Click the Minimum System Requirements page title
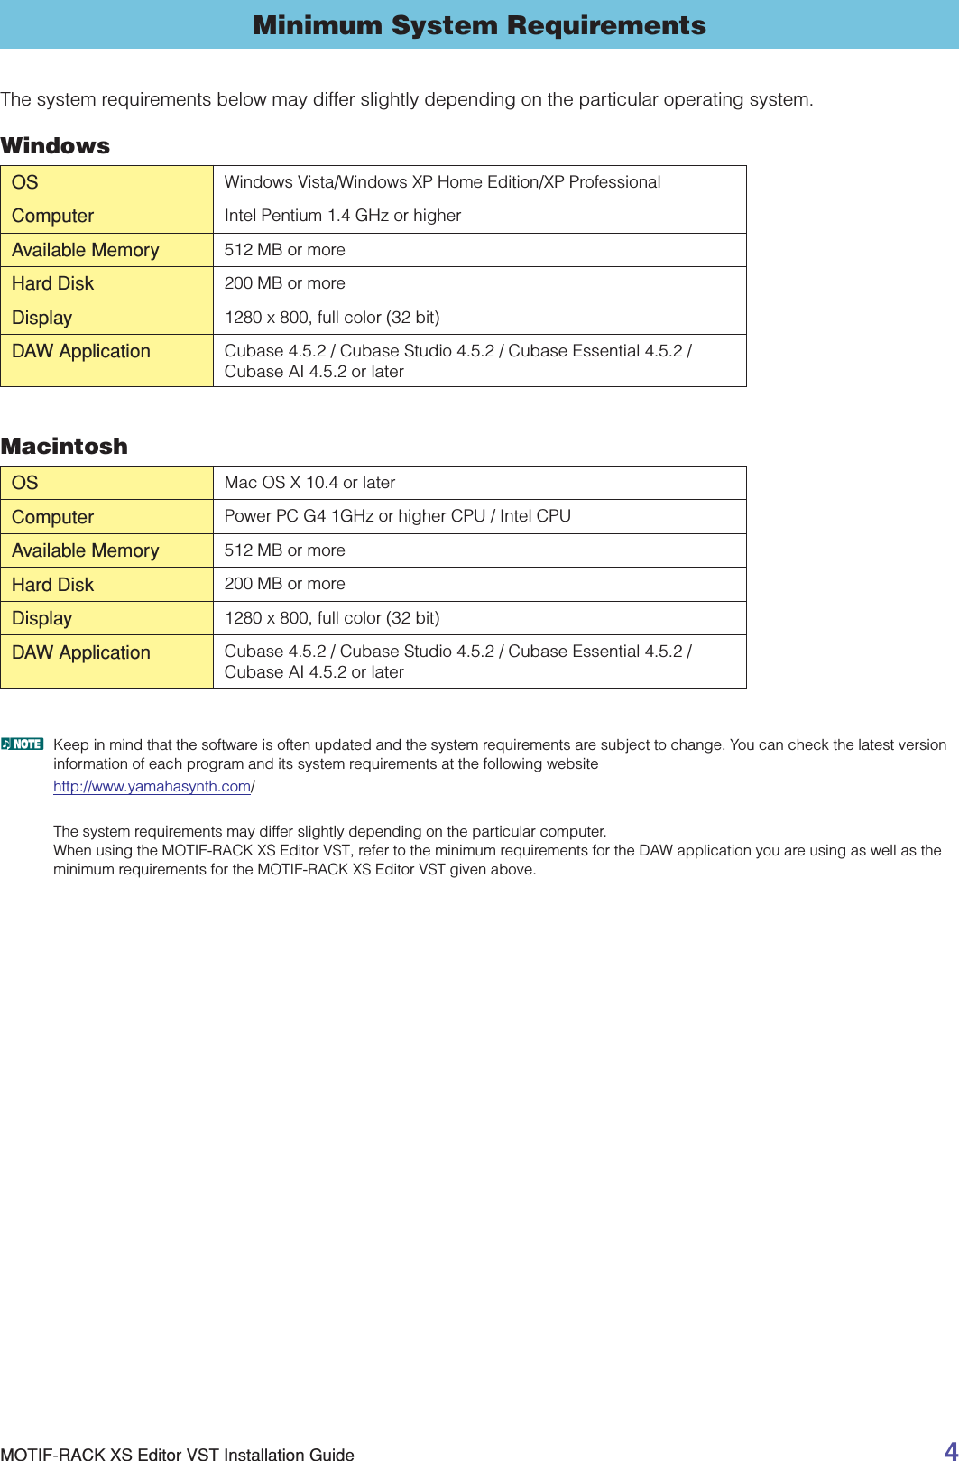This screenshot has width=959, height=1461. pos(479,25)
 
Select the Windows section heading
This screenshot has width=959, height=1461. pos(55,146)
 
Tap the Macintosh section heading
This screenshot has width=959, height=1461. pos(64,447)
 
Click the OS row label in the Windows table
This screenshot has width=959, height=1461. pos(25,182)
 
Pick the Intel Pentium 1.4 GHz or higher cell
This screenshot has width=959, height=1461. pos(343,216)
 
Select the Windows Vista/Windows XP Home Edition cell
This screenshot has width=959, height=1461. pos(442,182)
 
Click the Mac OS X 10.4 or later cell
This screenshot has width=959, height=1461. pos(309,483)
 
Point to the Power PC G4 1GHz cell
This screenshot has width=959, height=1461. pos(397,516)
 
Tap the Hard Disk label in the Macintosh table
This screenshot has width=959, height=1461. pos(52,585)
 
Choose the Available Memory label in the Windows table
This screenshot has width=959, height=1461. pos(85,250)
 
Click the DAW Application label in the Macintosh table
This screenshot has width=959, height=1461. pos(81,652)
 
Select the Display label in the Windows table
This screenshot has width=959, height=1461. pos(41,318)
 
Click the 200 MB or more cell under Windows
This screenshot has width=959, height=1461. pos(284,283)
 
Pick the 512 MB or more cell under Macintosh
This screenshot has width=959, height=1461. pos(284,550)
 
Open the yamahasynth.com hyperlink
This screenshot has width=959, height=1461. pos(152,786)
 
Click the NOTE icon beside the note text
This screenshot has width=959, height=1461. pos(23,744)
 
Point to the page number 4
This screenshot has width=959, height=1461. pos(950,1450)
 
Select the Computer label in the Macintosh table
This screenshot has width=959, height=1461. pos(52,517)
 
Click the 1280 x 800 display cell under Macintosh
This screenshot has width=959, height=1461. pos(332,618)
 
